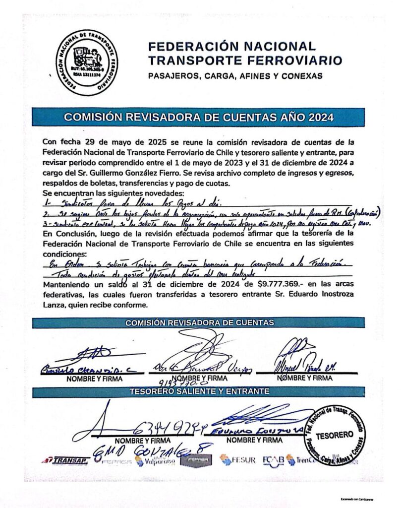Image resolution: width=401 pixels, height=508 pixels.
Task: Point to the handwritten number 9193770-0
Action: point(181,383)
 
